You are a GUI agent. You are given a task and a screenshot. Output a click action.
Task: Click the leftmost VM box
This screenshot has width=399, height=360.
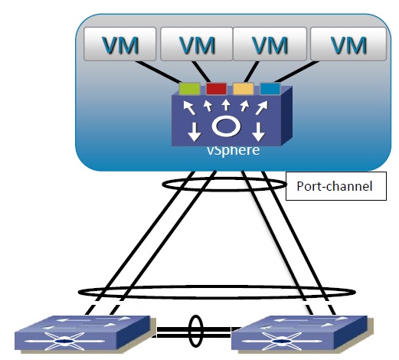[x=119, y=44]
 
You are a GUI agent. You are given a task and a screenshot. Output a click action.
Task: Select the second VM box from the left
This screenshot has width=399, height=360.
[x=196, y=44]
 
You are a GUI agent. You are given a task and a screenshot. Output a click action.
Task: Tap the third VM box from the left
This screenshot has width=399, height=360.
[x=270, y=44]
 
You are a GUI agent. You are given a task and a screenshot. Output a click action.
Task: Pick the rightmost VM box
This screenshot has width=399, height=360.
[x=348, y=44]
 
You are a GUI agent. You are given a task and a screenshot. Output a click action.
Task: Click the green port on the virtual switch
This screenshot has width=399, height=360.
[x=189, y=89]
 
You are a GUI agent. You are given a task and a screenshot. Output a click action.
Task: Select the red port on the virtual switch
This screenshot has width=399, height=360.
[x=216, y=89]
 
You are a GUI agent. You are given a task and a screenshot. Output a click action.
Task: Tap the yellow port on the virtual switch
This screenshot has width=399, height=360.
[x=244, y=89]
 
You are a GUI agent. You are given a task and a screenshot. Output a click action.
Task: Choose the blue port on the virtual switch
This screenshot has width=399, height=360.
[x=270, y=88]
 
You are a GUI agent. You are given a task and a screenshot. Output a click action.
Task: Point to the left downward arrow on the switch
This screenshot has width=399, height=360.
[x=195, y=132]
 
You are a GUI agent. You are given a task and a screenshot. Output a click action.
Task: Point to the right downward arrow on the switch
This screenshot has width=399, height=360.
[x=258, y=132]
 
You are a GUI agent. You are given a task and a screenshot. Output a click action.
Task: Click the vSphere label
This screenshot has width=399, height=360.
[x=233, y=150]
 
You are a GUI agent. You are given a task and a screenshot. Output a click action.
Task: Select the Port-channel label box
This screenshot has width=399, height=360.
[x=336, y=186]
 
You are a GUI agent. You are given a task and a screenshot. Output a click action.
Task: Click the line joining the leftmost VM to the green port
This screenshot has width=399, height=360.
[x=158, y=72]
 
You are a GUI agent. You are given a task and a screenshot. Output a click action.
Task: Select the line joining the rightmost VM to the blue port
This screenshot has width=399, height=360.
[x=296, y=72]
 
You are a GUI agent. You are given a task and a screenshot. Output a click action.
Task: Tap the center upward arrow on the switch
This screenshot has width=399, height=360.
[x=226, y=105]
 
